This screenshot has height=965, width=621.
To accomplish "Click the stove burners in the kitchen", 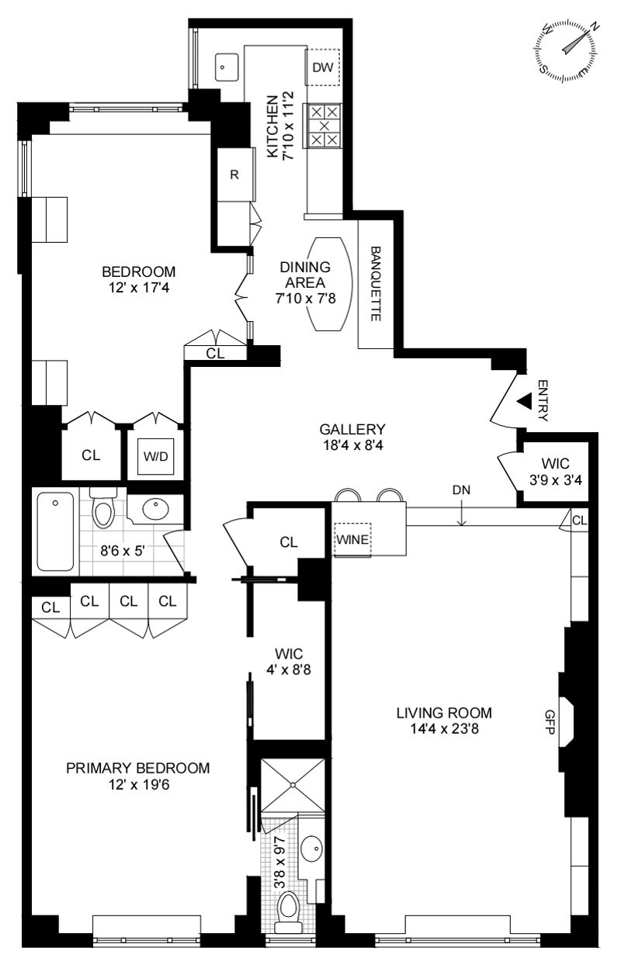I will coord(324,126).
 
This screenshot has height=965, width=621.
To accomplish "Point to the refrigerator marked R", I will coord(234,174).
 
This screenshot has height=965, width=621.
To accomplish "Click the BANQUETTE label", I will coord(376,285).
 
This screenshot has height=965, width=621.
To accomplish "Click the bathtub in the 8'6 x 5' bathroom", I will coord(55,531).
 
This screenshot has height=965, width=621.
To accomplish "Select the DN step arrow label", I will coord(461,491).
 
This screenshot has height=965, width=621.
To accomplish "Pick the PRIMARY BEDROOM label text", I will coord(137,768).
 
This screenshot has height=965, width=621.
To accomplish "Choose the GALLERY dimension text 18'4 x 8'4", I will coord(352,444).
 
